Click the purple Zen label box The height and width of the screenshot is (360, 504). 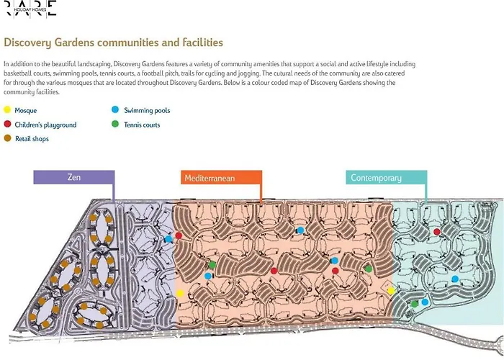(74, 177)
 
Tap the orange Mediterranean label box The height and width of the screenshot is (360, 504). (221, 177)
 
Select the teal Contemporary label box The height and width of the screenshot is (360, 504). (387, 177)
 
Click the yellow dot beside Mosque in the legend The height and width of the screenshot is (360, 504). (7, 110)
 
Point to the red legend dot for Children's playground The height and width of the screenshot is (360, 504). (7, 124)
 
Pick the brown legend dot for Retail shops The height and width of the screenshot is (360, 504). (7, 138)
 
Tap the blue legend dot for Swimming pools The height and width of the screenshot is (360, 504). (115, 110)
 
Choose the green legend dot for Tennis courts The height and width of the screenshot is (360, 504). (115, 124)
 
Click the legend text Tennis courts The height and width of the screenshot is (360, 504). (142, 125)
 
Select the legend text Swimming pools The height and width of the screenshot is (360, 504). (147, 110)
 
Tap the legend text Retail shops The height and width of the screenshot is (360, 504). (32, 139)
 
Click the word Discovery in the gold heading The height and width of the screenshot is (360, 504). (27, 42)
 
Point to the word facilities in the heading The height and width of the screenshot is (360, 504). (203, 42)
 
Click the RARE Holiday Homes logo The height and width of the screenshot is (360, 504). (31, 9)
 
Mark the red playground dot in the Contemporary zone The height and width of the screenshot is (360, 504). (436, 232)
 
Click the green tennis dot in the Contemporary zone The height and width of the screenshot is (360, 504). (415, 304)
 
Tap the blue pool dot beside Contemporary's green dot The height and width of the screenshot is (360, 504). (425, 302)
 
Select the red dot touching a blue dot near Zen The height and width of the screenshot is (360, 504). (179, 236)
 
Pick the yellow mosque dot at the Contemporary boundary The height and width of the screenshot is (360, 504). (391, 291)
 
